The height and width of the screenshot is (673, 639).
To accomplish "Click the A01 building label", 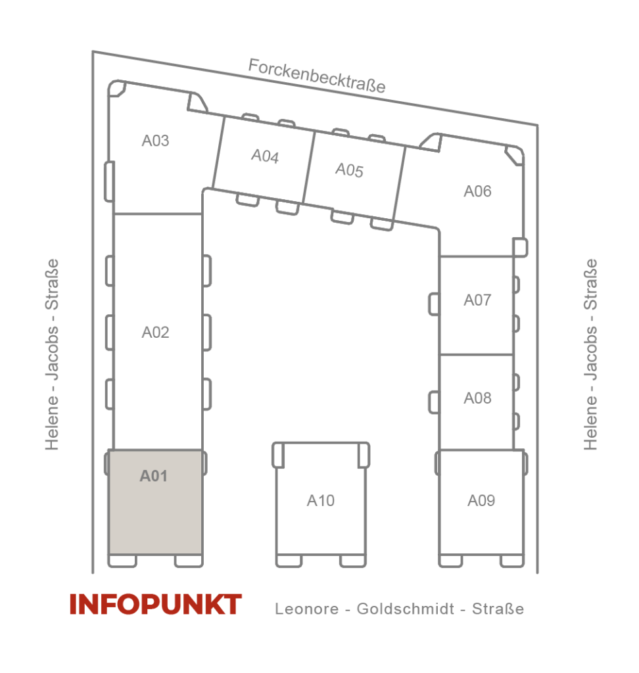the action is coord(153,476).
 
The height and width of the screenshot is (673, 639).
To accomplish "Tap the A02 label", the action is coord(155,332).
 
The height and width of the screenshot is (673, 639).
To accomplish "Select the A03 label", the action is coord(155,141).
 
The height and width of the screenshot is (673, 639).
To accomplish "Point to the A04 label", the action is coord(265,156).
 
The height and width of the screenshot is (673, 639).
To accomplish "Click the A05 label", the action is coord(350,170).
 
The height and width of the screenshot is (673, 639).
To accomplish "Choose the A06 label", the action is coord(477,191).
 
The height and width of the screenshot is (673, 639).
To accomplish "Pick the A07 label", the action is coord(477,300).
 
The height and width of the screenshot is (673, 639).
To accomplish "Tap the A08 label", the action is coord(477,398).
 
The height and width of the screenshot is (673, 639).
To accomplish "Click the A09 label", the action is coord(481,500).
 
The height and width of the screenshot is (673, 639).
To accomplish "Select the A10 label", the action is coord(321,500).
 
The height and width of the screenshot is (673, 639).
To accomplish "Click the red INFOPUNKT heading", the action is coord(155,604).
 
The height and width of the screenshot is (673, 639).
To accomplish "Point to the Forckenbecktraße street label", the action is coord(317,76).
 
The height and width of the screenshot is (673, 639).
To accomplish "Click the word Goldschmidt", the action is coord(406,609).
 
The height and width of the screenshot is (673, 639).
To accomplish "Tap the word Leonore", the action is coord(306,609).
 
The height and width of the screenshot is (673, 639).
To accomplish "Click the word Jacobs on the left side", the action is coord(52,353).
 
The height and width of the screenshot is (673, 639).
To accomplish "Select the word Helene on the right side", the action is coord(590,423).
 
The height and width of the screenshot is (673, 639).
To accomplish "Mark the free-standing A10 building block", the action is coord(321,504).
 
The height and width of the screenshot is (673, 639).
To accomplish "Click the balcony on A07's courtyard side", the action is coord(434,304).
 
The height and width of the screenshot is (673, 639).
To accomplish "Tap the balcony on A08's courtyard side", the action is coord(434,402).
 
